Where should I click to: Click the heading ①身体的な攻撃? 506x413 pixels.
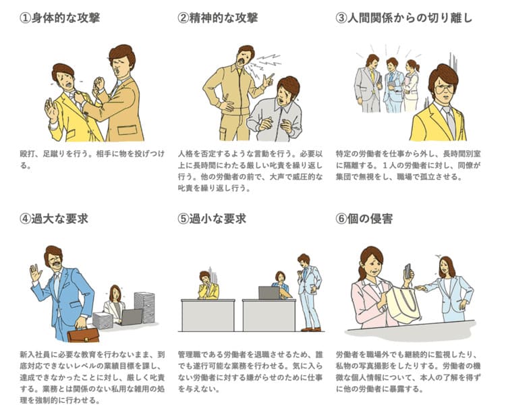point(59,18)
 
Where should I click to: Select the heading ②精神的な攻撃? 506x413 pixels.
point(218,18)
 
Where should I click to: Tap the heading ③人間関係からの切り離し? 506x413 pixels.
point(404,18)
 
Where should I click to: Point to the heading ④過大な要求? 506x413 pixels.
point(54,219)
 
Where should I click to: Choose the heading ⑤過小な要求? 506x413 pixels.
point(212,219)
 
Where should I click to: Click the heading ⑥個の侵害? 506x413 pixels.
point(364,219)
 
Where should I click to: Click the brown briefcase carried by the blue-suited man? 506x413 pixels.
point(83,335)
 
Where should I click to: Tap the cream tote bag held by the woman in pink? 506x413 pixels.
point(403,304)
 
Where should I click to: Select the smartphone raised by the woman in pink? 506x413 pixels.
point(408,271)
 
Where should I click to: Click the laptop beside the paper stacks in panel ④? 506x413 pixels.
point(131,317)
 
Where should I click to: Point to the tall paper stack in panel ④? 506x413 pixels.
point(144,307)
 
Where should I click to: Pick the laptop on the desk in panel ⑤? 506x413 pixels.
point(269,293)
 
